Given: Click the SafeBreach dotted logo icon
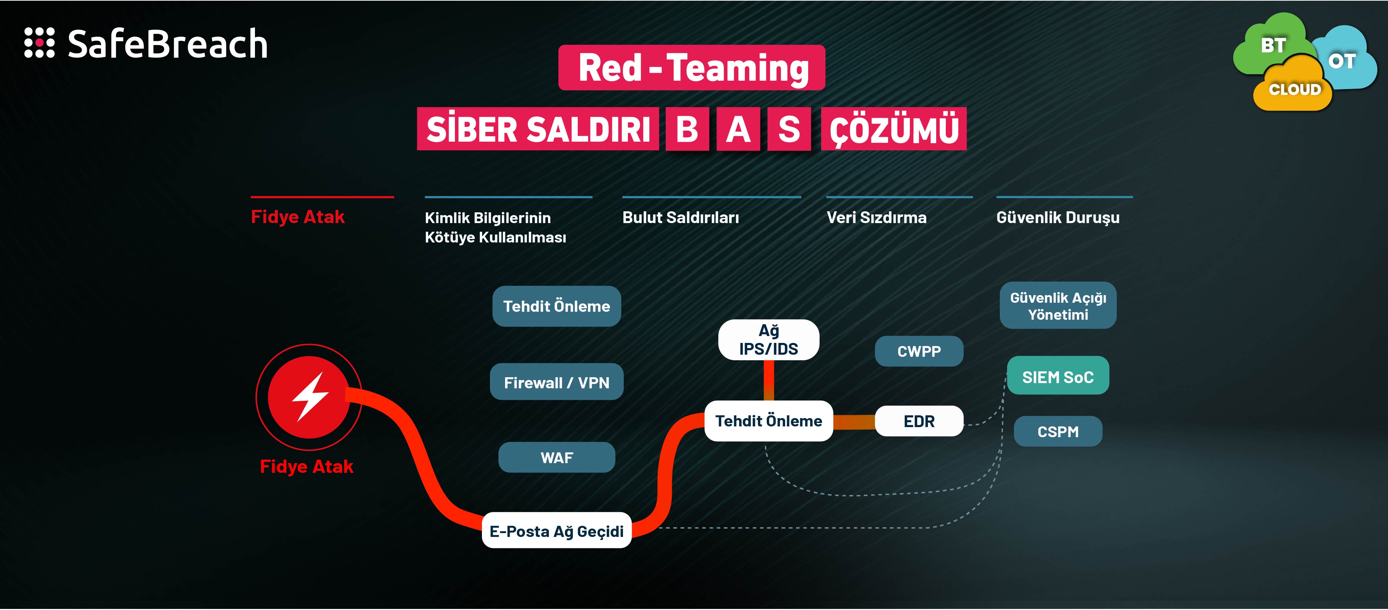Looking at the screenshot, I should coord(39,43).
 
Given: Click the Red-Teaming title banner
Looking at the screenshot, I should coord(692,68).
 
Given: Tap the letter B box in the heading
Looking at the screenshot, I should coord(687,130).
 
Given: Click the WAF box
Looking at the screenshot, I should coord(557,457).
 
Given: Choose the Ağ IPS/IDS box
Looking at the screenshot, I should coord(768,340).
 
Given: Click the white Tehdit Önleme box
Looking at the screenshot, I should coord(768,421).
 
